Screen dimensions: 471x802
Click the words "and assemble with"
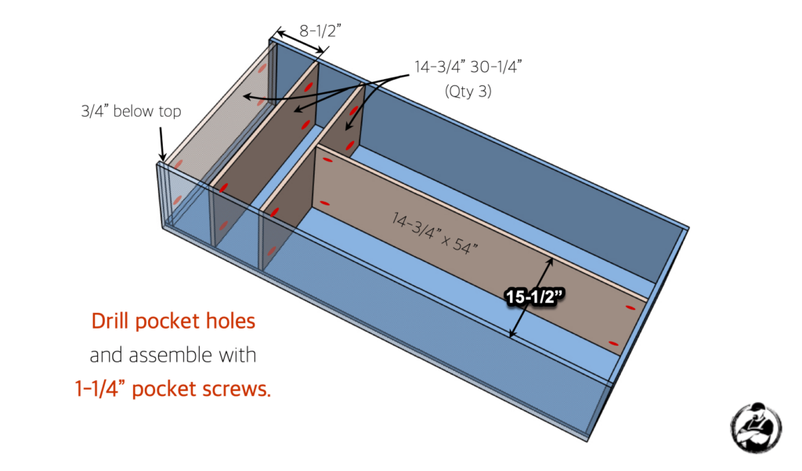(x=173, y=355)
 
